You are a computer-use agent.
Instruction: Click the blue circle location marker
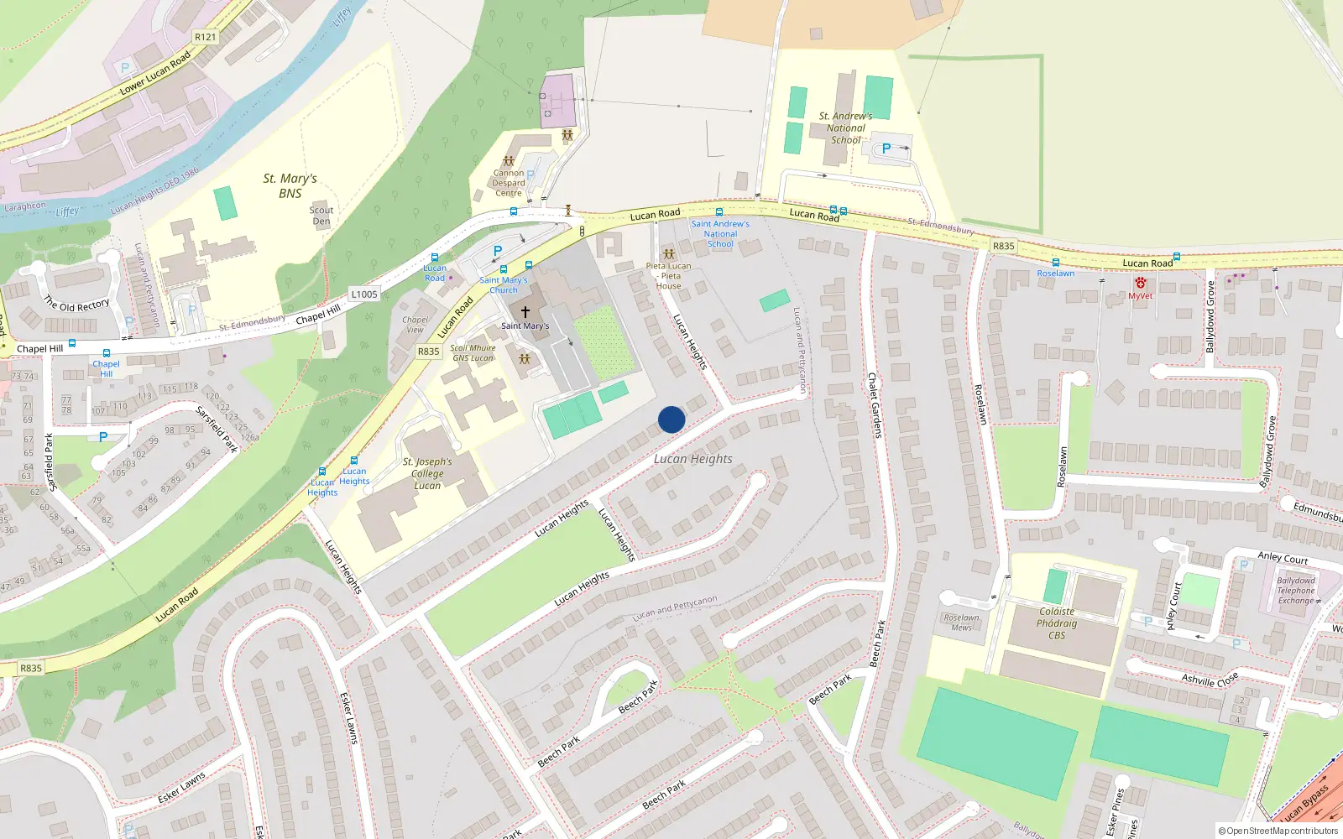pos(671,419)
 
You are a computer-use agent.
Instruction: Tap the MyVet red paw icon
pos(1140,284)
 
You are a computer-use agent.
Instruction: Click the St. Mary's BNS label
pos(290,185)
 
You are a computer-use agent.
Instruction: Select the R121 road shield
pos(205,37)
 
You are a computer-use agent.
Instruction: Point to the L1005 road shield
pos(364,294)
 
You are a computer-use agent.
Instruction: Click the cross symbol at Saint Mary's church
pos(525,312)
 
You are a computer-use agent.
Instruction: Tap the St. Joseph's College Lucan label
pos(427,473)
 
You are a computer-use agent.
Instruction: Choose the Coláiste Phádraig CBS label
pos(1057,623)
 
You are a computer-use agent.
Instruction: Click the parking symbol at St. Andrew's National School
pos(886,149)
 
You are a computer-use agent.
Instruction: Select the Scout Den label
pos(321,216)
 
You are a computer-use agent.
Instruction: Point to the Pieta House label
pos(669,276)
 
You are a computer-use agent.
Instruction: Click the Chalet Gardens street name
pos(874,405)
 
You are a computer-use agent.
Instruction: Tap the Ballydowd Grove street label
pos(1210,316)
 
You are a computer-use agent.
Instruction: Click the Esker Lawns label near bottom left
pos(181,787)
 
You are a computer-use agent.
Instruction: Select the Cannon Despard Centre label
pos(509,183)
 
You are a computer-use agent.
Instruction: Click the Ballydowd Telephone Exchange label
pos(1296,591)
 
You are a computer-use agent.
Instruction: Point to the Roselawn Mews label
pos(962,623)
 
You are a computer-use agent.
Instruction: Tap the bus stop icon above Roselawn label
pos(1056,263)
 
